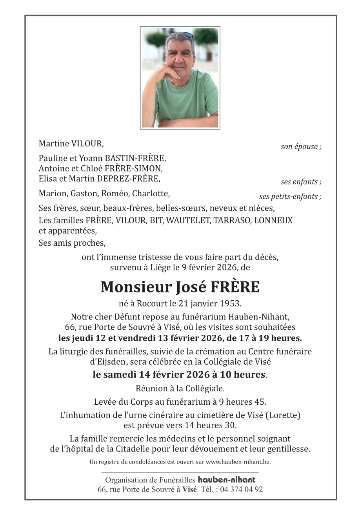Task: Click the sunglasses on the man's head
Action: coord(180,35)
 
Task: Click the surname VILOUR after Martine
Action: coord(87,144)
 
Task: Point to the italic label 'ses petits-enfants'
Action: coord(289,197)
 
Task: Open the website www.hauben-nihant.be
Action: coord(238,462)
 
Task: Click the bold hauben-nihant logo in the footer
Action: coord(226,480)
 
